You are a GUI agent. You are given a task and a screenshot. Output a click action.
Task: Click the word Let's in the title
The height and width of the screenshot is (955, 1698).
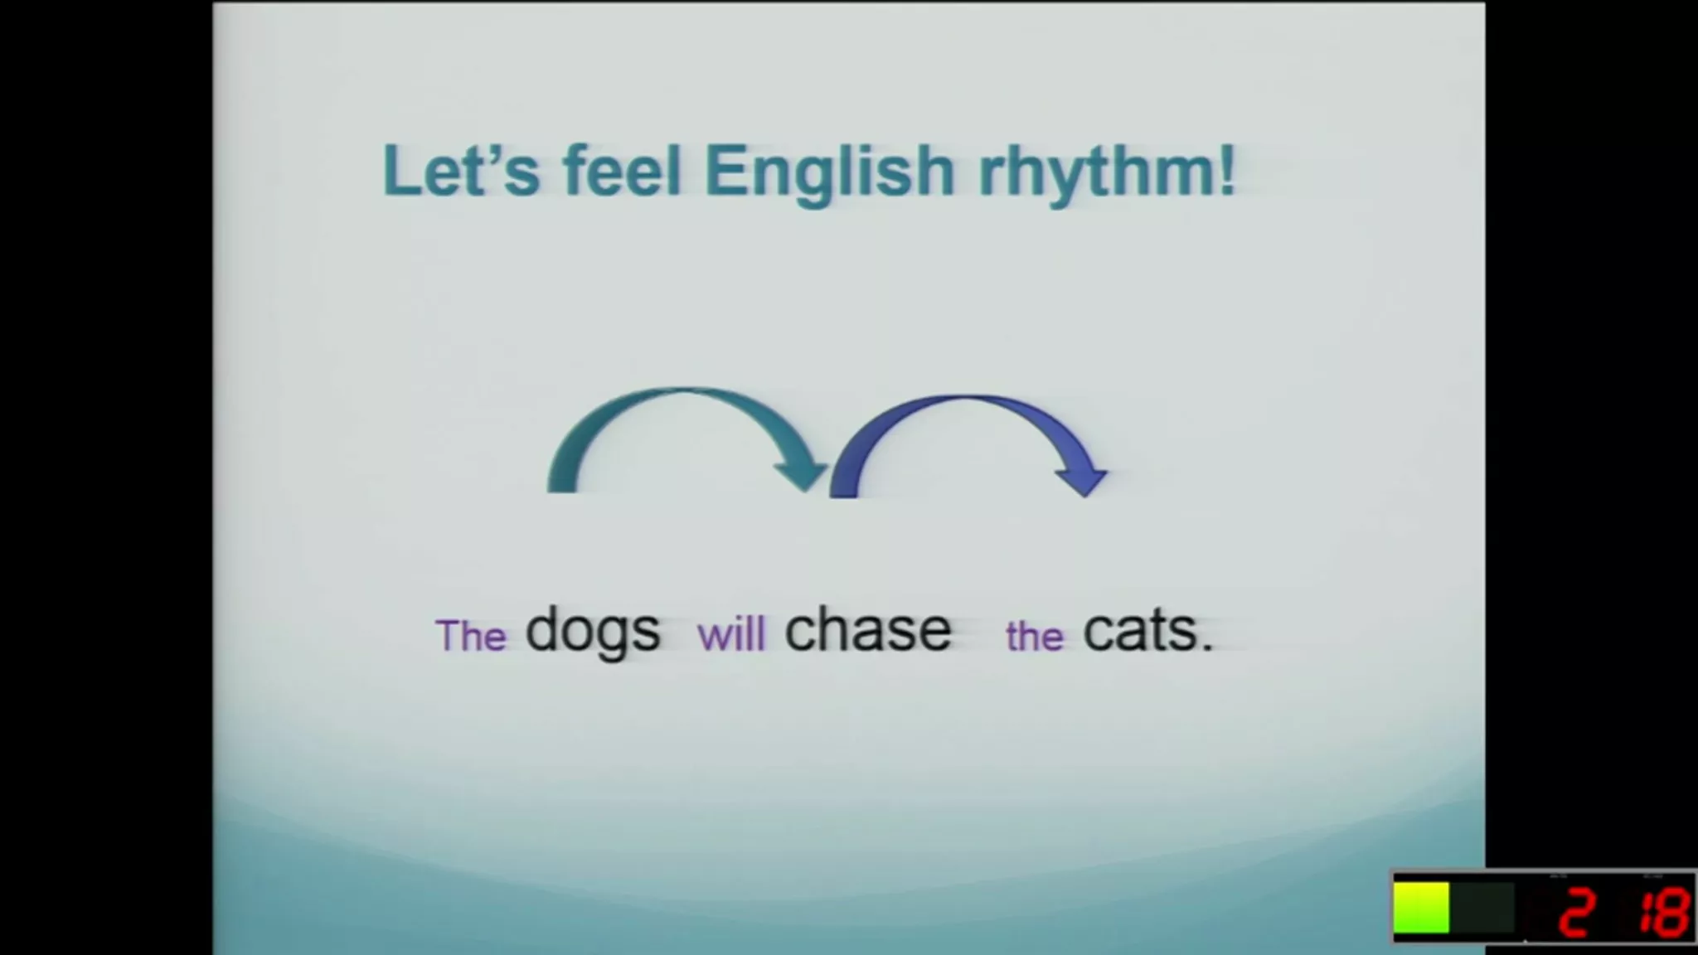461,170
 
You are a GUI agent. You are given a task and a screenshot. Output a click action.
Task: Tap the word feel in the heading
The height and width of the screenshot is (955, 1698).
622,170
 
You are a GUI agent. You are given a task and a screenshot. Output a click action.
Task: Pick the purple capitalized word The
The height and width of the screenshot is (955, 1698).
471,636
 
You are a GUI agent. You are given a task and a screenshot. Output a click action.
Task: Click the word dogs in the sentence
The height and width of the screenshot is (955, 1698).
593,633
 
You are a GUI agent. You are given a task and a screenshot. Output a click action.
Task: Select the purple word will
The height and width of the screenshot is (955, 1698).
731,635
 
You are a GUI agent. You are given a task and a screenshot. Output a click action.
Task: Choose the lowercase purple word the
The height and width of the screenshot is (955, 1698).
1035,637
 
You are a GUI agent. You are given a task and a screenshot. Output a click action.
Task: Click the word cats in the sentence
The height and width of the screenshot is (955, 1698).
1139,632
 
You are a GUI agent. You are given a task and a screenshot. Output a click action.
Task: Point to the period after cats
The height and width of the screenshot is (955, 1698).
1206,647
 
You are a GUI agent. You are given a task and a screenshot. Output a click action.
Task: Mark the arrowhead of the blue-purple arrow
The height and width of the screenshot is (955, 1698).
1082,480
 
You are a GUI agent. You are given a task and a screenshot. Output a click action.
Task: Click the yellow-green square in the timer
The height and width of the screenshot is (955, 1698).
1421,908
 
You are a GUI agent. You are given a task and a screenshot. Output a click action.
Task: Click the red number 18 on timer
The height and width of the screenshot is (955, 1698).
1663,912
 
